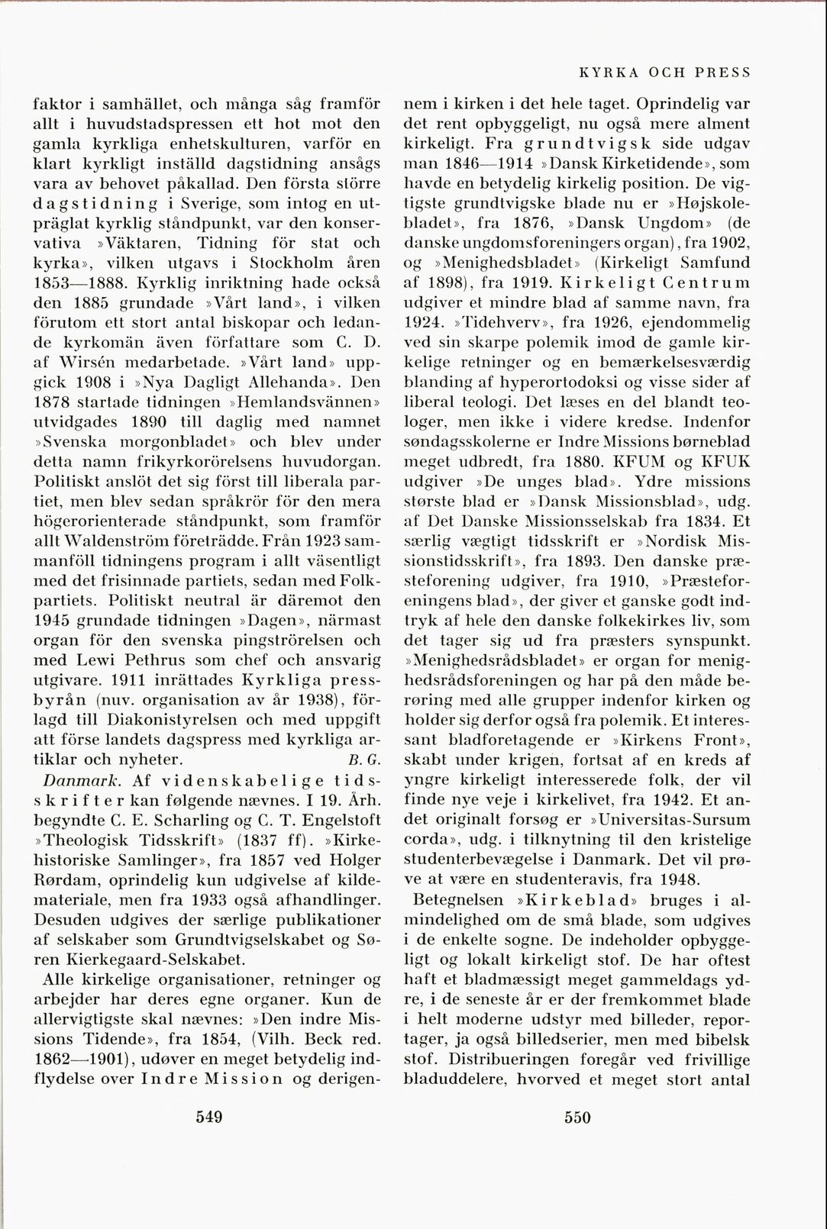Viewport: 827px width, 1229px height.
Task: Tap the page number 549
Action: (x=208, y=1117)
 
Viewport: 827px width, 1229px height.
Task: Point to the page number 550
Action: (x=577, y=1117)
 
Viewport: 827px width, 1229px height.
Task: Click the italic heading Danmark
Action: (x=80, y=780)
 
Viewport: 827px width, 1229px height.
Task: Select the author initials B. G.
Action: (x=359, y=760)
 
